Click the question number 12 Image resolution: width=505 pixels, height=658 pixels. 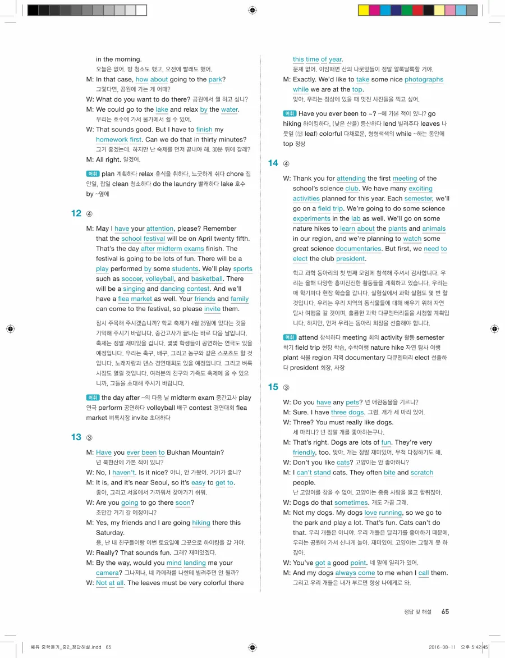pyautogui.click(x=76, y=213)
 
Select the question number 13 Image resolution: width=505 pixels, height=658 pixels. pyautogui.click(x=76, y=437)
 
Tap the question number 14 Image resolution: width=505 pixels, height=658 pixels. pyautogui.click(x=273, y=163)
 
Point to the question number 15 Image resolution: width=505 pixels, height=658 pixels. pyautogui.click(x=273, y=387)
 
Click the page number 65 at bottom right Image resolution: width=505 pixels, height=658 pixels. pyautogui.click(x=445, y=612)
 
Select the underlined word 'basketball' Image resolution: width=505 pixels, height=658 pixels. pyautogui.click(x=207, y=279)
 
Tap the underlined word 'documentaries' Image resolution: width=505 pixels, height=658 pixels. pyautogui.click(x=358, y=249)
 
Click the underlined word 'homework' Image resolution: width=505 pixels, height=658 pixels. pyautogui.click(x=112, y=140)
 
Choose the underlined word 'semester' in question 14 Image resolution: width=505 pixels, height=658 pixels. pyautogui.click(x=418, y=199)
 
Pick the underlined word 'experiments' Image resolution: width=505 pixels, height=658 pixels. pyautogui.click(x=311, y=219)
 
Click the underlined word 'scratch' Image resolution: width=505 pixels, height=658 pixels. pyautogui.click(x=422, y=473)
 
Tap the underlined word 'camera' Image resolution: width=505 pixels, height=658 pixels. pyautogui.click(x=107, y=573)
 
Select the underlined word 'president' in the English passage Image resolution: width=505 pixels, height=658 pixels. pyautogui.click(x=351, y=259)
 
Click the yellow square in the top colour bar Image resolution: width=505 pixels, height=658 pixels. pyautogui.click(x=363, y=10)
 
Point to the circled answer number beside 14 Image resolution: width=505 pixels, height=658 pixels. pyautogui.click(x=286, y=164)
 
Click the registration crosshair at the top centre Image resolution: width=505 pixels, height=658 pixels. pyautogui.click(x=252, y=10)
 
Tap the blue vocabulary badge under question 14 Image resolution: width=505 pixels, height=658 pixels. pyautogui.click(x=290, y=337)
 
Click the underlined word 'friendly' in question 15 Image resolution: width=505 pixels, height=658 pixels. pyautogui.click(x=304, y=453)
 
